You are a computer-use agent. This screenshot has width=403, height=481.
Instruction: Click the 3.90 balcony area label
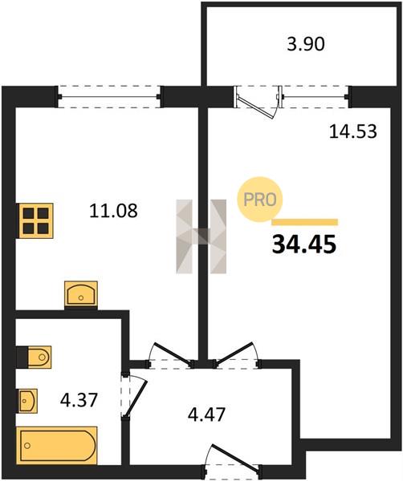click(x=306, y=44)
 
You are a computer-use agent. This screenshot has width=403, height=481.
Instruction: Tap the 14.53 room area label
click(x=353, y=131)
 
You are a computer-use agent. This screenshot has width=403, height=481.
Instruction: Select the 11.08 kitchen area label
click(x=113, y=211)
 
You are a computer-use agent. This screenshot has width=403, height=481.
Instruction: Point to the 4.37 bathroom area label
click(x=79, y=400)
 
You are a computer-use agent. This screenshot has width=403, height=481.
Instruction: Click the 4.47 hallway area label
click(x=207, y=414)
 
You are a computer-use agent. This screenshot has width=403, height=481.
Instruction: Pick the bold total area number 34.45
click(x=304, y=245)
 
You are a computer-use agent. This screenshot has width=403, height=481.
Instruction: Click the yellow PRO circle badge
click(x=260, y=200)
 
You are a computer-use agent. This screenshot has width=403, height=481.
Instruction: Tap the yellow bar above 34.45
click(x=305, y=222)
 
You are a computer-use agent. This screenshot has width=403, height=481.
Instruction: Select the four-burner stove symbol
click(x=35, y=221)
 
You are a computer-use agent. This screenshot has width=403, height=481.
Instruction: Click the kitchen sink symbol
click(x=81, y=294)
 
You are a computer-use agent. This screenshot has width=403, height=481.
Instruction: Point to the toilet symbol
click(x=34, y=357)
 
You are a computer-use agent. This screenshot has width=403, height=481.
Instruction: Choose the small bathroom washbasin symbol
click(x=27, y=401)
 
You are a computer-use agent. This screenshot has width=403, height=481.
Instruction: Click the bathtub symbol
click(x=57, y=446)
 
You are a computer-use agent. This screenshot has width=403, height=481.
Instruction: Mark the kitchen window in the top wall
click(x=109, y=97)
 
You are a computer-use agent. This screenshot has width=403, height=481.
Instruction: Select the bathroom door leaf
click(x=136, y=398)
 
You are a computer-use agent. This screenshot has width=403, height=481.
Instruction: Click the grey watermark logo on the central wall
click(x=201, y=236)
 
